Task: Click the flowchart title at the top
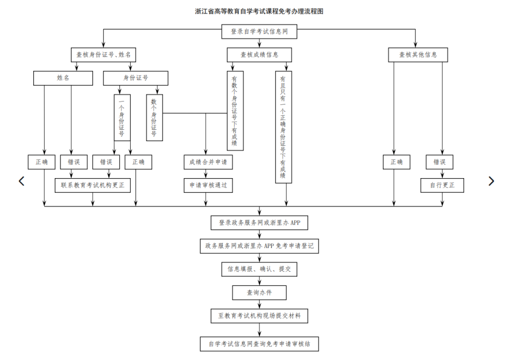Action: [x=259, y=11]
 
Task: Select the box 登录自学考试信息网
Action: [x=259, y=31]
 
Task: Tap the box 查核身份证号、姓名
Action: [x=104, y=55]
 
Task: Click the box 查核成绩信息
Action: [x=259, y=55]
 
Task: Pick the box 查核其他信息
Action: [x=418, y=55]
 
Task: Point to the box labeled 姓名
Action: [x=63, y=78]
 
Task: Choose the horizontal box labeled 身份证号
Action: [x=135, y=78]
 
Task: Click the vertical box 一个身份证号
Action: [x=122, y=118]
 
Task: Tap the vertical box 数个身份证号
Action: [x=154, y=118]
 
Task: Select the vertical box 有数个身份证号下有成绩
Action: [x=235, y=111]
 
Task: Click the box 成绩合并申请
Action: [x=208, y=162]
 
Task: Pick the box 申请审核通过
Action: [x=208, y=185]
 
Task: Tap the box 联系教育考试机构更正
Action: [x=93, y=185]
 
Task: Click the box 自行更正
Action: [x=442, y=185]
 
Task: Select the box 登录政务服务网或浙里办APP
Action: [x=259, y=223]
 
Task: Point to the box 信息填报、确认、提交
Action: [x=259, y=269]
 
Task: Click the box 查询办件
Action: [x=259, y=293]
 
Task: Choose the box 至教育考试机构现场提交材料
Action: [x=259, y=316]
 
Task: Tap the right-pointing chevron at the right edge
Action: [x=491, y=181]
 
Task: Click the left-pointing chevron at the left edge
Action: [x=21, y=181]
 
